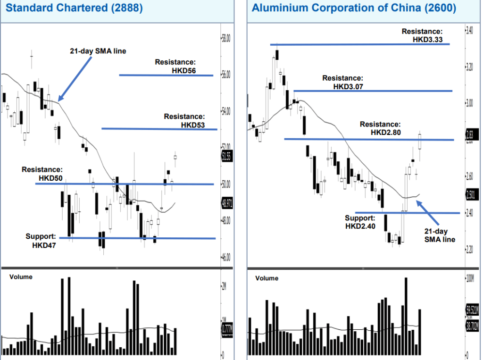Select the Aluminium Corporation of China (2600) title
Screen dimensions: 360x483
coord(354,8)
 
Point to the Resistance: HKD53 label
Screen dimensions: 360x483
coord(184,121)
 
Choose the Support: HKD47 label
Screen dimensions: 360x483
coord(41,241)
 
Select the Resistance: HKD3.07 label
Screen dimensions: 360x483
coord(343,82)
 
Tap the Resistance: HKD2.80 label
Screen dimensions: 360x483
coord(381,128)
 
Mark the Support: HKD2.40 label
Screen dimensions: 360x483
coord(360,222)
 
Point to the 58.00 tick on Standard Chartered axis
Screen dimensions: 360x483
coord(226,38)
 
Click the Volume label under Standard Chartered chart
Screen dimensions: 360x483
coord(21,277)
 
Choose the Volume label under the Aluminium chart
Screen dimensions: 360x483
coord(267,278)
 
